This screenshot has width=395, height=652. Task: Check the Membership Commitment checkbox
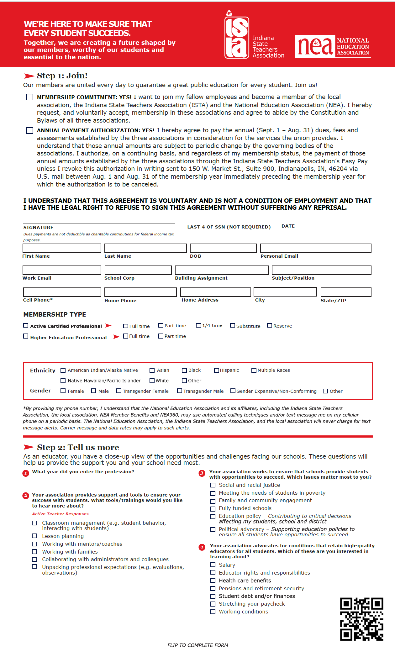(30, 97)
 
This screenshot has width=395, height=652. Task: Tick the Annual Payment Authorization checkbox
(30, 130)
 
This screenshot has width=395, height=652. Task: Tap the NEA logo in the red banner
(333, 46)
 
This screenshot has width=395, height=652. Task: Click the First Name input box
(62, 248)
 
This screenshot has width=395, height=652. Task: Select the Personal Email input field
(316, 248)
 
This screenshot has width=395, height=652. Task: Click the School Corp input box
(138, 270)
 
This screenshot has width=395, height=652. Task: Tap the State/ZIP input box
(346, 292)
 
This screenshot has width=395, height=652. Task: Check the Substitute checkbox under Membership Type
(233, 325)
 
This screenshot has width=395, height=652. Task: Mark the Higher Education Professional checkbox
(26, 336)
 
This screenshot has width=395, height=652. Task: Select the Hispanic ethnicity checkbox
(216, 370)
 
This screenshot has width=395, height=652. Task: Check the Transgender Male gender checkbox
(180, 391)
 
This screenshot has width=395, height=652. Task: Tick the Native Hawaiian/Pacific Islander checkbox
(63, 381)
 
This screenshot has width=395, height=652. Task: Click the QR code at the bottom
(361, 619)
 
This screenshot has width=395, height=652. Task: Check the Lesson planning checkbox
(35, 536)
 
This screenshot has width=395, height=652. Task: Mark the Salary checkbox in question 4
(213, 565)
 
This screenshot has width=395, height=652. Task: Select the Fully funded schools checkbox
(213, 508)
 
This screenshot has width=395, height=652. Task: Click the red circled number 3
(202, 473)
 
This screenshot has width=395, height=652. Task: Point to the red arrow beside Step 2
(29, 447)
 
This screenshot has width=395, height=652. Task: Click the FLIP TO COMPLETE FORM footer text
(197, 645)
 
